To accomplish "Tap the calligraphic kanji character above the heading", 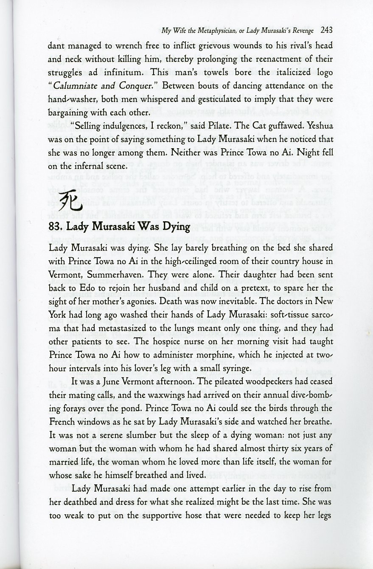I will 67,202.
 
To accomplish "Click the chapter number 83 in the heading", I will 55,226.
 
